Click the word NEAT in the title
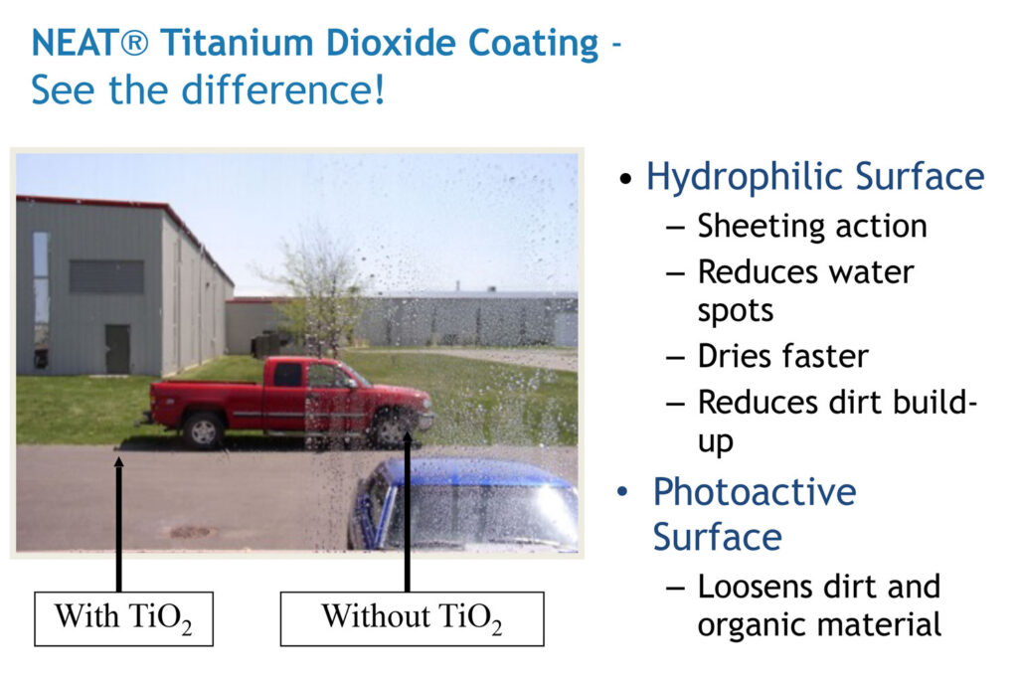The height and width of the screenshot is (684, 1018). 75,43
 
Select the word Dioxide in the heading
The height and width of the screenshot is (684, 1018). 393,43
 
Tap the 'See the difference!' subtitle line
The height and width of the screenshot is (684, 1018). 208,89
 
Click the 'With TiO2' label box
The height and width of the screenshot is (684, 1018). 123,618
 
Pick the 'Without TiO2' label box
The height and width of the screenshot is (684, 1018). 413,618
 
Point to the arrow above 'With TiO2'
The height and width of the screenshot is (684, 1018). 119,524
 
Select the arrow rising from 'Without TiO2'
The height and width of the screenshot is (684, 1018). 407,511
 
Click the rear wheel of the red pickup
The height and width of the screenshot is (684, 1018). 203,429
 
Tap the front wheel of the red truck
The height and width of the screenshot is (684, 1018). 392,428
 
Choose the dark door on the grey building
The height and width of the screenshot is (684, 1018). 117,349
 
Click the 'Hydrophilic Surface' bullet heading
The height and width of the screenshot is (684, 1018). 815,177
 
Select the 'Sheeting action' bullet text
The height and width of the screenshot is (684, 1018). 812,227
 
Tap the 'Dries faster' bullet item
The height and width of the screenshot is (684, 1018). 783,356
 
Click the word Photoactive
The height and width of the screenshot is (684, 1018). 755,492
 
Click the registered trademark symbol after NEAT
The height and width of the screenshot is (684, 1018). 134,44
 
